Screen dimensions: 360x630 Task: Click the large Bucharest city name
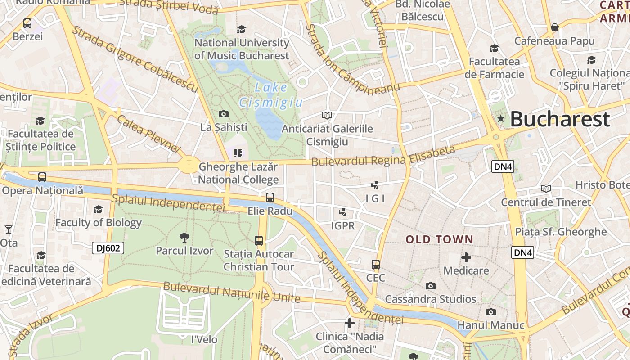(x=560, y=119)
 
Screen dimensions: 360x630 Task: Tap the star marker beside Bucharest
(x=500, y=119)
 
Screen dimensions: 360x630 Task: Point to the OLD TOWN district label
(x=439, y=239)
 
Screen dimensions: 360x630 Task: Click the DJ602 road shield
(x=108, y=247)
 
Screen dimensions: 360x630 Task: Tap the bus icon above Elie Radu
(x=270, y=197)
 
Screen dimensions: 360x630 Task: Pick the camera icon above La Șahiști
(x=223, y=114)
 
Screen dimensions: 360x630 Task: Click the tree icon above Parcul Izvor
(x=184, y=238)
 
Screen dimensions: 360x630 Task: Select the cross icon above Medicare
(x=466, y=257)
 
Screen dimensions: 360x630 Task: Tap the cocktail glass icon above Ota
(x=8, y=229)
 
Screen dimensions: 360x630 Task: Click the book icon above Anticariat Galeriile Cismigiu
(x=327, y=116)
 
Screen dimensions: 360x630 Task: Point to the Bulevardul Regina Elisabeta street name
(x=383, y=156)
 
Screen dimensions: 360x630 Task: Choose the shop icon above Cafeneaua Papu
(x=554, y=27)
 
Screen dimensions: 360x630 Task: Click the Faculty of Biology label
(x=98, y=222)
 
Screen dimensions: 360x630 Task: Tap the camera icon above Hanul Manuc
(x=490, y=312)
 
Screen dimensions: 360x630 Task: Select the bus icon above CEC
(x=376, y=265)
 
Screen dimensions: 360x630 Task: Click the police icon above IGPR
(x=342, y=212)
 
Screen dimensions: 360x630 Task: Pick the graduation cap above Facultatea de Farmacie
(x=494, y=48)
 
